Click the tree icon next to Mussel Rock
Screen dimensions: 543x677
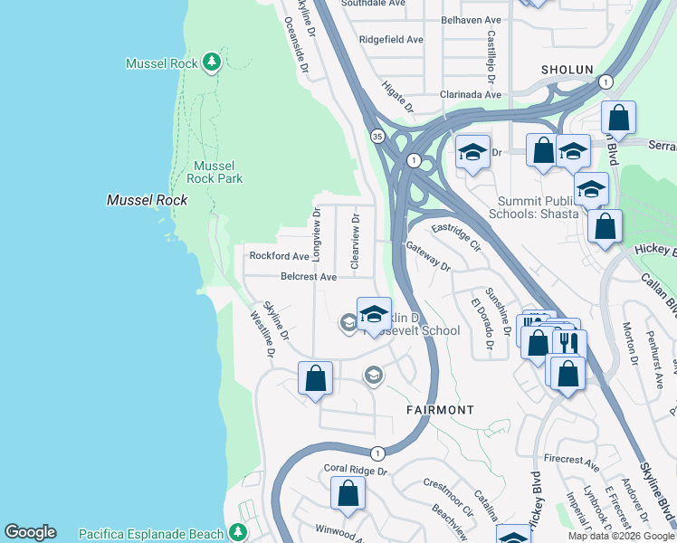tap(211, 62)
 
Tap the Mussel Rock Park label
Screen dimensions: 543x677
tap(218, 172)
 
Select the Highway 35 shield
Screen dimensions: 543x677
tap(376, 136)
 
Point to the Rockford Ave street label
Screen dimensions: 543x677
tap(280, 256)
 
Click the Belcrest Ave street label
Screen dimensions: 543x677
tap(309, 277)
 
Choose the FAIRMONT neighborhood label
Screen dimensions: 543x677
tap(439, 410)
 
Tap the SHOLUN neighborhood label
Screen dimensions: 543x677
tap(567, 70)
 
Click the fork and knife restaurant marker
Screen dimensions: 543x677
tap(569, 344)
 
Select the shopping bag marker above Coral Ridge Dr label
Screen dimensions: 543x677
tap(316, 378)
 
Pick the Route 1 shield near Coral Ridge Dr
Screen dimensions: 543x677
tap(377, 452)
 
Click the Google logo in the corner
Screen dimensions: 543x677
tap(30, 532)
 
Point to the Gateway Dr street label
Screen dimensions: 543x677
tap(428, 256)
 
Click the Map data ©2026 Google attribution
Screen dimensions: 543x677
tap(620, 536)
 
